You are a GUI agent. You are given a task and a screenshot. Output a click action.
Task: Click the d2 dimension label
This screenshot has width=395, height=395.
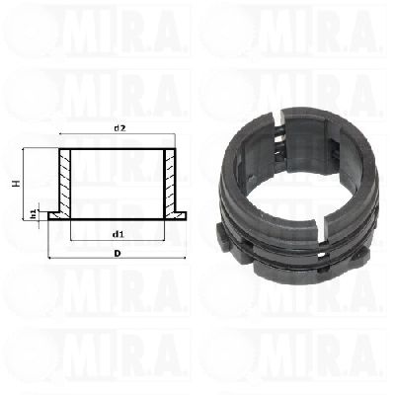coord(119,128)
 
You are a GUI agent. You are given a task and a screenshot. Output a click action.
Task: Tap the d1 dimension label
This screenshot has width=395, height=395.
coord(118,234)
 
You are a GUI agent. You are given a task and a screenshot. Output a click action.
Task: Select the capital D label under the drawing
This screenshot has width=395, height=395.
coord(117,253)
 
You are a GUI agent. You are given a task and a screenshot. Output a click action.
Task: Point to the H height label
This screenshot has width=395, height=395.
coord(16,184)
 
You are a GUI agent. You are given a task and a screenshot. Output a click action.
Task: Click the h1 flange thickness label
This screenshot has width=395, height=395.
coord(34,214)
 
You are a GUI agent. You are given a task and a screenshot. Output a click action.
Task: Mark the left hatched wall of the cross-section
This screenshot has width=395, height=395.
coord(65,183)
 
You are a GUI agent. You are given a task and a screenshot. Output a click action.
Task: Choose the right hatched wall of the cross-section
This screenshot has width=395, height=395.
coord(170,183)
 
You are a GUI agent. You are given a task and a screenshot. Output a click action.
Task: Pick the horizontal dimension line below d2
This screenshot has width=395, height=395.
coord(117,134)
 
